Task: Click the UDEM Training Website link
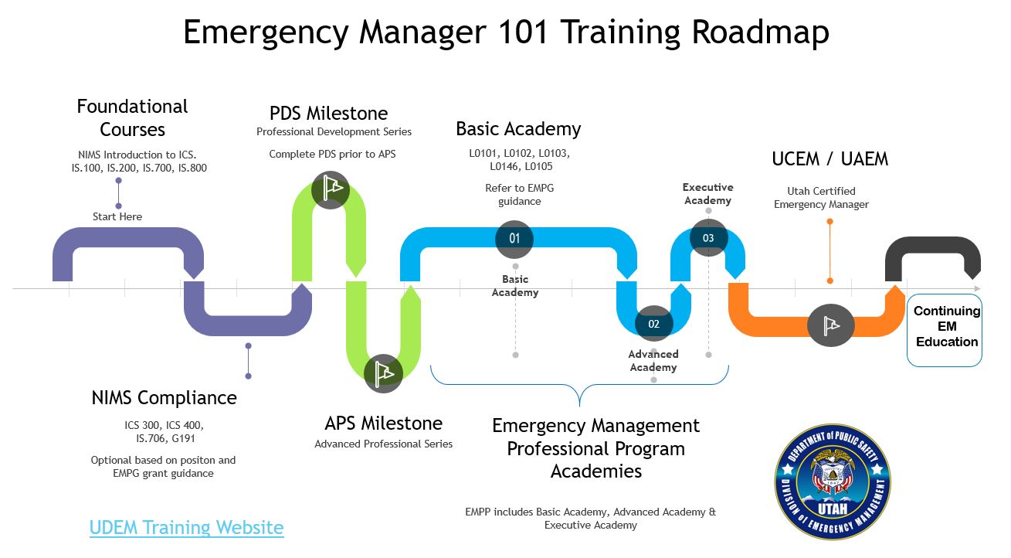[186, 528]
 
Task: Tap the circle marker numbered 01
[514, 237]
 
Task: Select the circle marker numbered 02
[653, 324]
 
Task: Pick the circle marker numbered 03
[708, 237]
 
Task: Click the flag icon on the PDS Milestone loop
[331, 189]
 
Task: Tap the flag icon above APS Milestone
[383, 374]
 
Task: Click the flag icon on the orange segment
[830, 325]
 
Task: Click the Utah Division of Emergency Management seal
[833, 481]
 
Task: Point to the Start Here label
[117, 216]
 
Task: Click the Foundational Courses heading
[132, 117]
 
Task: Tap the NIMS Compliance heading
[164, 397]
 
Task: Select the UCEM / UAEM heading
[829, 159]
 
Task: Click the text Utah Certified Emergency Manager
[821, 198]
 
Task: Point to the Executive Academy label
[707, 194]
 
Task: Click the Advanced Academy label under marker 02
[653, 361]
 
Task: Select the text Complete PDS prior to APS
[332, 154]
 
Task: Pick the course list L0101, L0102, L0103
[519, 153]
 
